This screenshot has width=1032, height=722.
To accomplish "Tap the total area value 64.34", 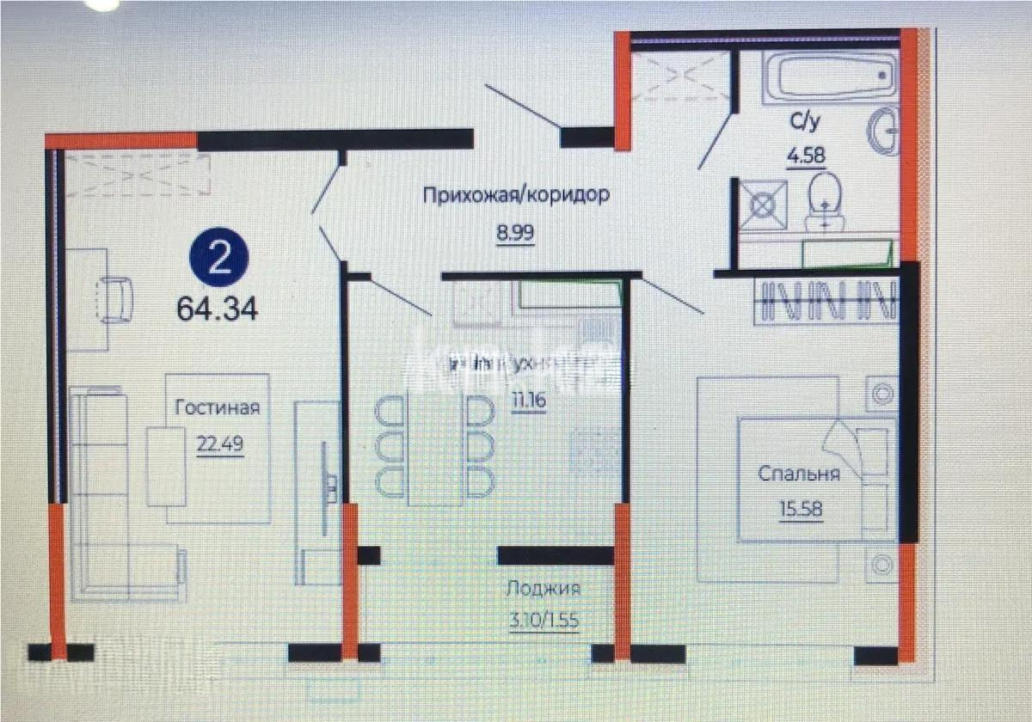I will point(218,309).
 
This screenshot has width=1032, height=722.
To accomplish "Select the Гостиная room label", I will point(217,407).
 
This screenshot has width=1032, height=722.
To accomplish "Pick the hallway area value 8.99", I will point(515,232).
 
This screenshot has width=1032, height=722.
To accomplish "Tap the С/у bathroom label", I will point(805,123).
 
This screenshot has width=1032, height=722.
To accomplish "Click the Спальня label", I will point(798,474).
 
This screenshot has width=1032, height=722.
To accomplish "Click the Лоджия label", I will point(543,589).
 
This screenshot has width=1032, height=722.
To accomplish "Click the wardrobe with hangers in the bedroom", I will point(826,301).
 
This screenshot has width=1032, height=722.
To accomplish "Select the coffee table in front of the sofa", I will point(166,465).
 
